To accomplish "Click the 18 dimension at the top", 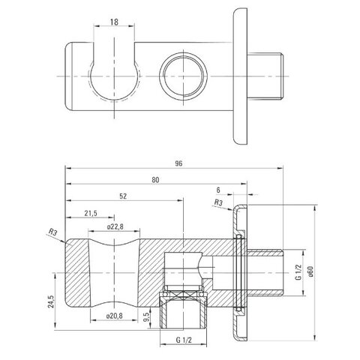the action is click(114, 22).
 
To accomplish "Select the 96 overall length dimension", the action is click(178, 163).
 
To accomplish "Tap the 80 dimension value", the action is click(155, 180).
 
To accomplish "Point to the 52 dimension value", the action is click(123, 196).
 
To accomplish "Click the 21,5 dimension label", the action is click(91, 213).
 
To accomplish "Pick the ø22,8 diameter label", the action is click(115, 227).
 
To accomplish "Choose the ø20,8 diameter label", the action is click(115, 316).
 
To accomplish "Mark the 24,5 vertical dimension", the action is click(50, 301).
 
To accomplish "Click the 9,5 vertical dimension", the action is click(147, 317).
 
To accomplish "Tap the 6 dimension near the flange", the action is click(218, 190).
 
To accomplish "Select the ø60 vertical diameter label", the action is click(310, 271).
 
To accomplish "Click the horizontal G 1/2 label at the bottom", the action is click(184, 340).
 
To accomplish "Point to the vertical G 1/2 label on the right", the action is click(299, 272).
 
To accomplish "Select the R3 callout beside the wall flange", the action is click(218, 202).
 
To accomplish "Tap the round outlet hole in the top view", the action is click(184, 76).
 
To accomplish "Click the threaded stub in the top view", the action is click(265, 76).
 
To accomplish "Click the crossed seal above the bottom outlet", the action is click(184, 295).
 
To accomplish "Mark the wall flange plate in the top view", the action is click(240, 76).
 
